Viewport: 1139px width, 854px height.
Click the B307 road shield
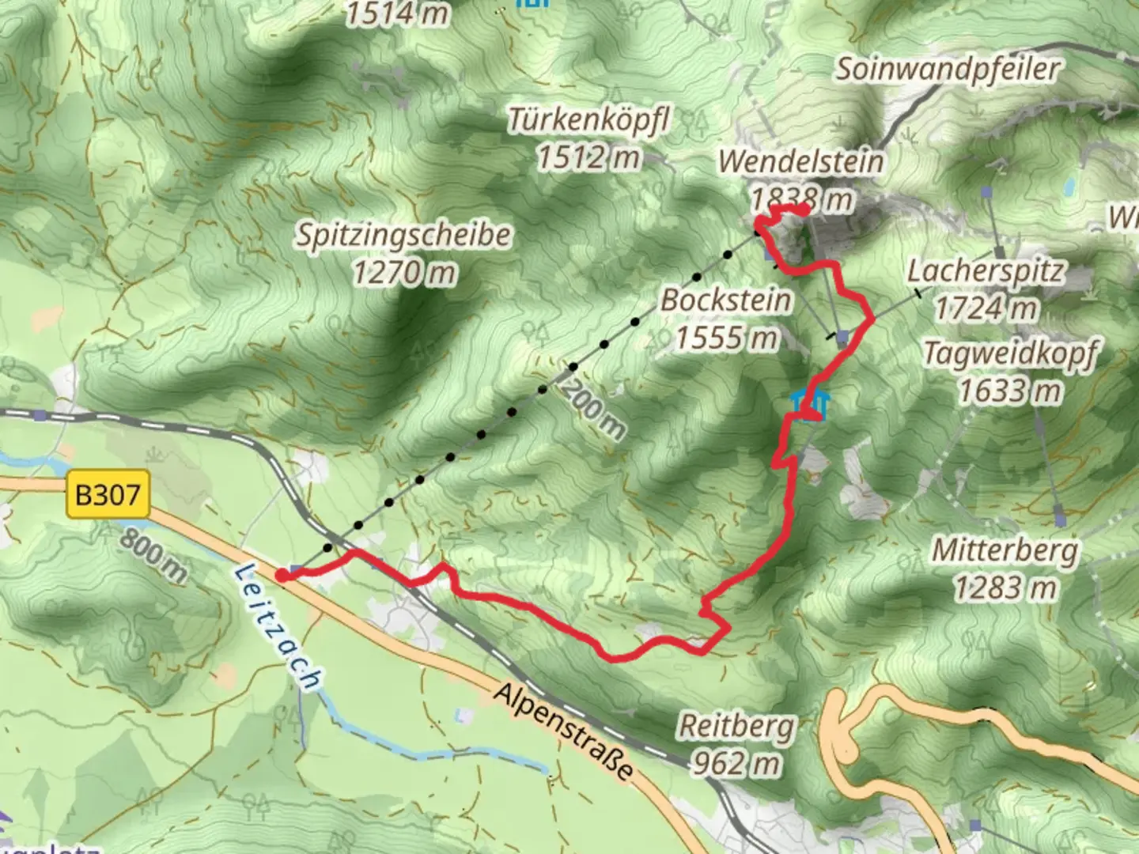pyautogui.click(x=108, y=496)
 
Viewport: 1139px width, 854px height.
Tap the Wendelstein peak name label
pyautogui.click(x=800, y=161)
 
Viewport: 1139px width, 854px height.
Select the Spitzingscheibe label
pyautogui.click(x=403, y=236)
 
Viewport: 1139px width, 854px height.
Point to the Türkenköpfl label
pyautogui.click(x=588, y=120)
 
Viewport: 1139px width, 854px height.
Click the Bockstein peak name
pyautogui.click(x=726, y=300)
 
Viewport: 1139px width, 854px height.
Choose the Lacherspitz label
pyautogui.click(x=986, y=271)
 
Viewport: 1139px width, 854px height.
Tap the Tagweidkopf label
pyautogui.click(x=1011, y=353)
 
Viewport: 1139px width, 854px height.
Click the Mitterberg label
pyautogui.click(x=1005, y=550)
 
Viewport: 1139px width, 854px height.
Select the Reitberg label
pyautogui.click(x=736, y=726)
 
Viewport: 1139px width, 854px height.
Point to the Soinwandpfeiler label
pyautogui.click(x=948, y=69)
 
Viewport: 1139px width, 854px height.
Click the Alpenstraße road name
pyautogui.click(x=565, y=731)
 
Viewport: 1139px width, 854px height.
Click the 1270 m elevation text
pyautogui.click(x=404, y=274)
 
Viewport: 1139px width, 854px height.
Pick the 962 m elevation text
pyautogui.click(x=736, y=764)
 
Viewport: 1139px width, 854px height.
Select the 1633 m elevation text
pyautogui.click(x=1010, y=391)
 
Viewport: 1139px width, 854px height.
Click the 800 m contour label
pyautogui.click(x=153, y=556)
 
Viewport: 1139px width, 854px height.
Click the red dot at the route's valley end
pyautogui.click(x=282, y=575)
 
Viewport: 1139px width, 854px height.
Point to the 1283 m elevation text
pyautogui.click(x=1005, y=588)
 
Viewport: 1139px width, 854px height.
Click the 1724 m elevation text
pyautogui.click(x=986, y=308)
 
